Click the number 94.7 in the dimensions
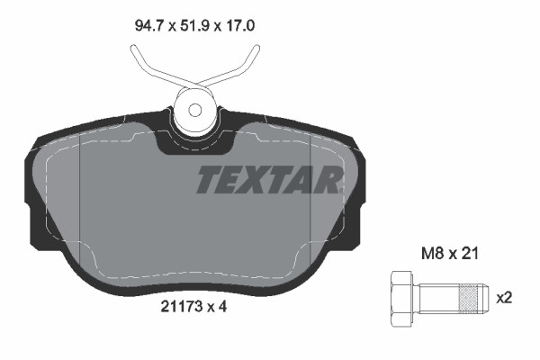(148, 27)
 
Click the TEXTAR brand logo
(268, 180)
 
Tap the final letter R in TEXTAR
(328, 180)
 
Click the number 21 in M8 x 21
(468, 255)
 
